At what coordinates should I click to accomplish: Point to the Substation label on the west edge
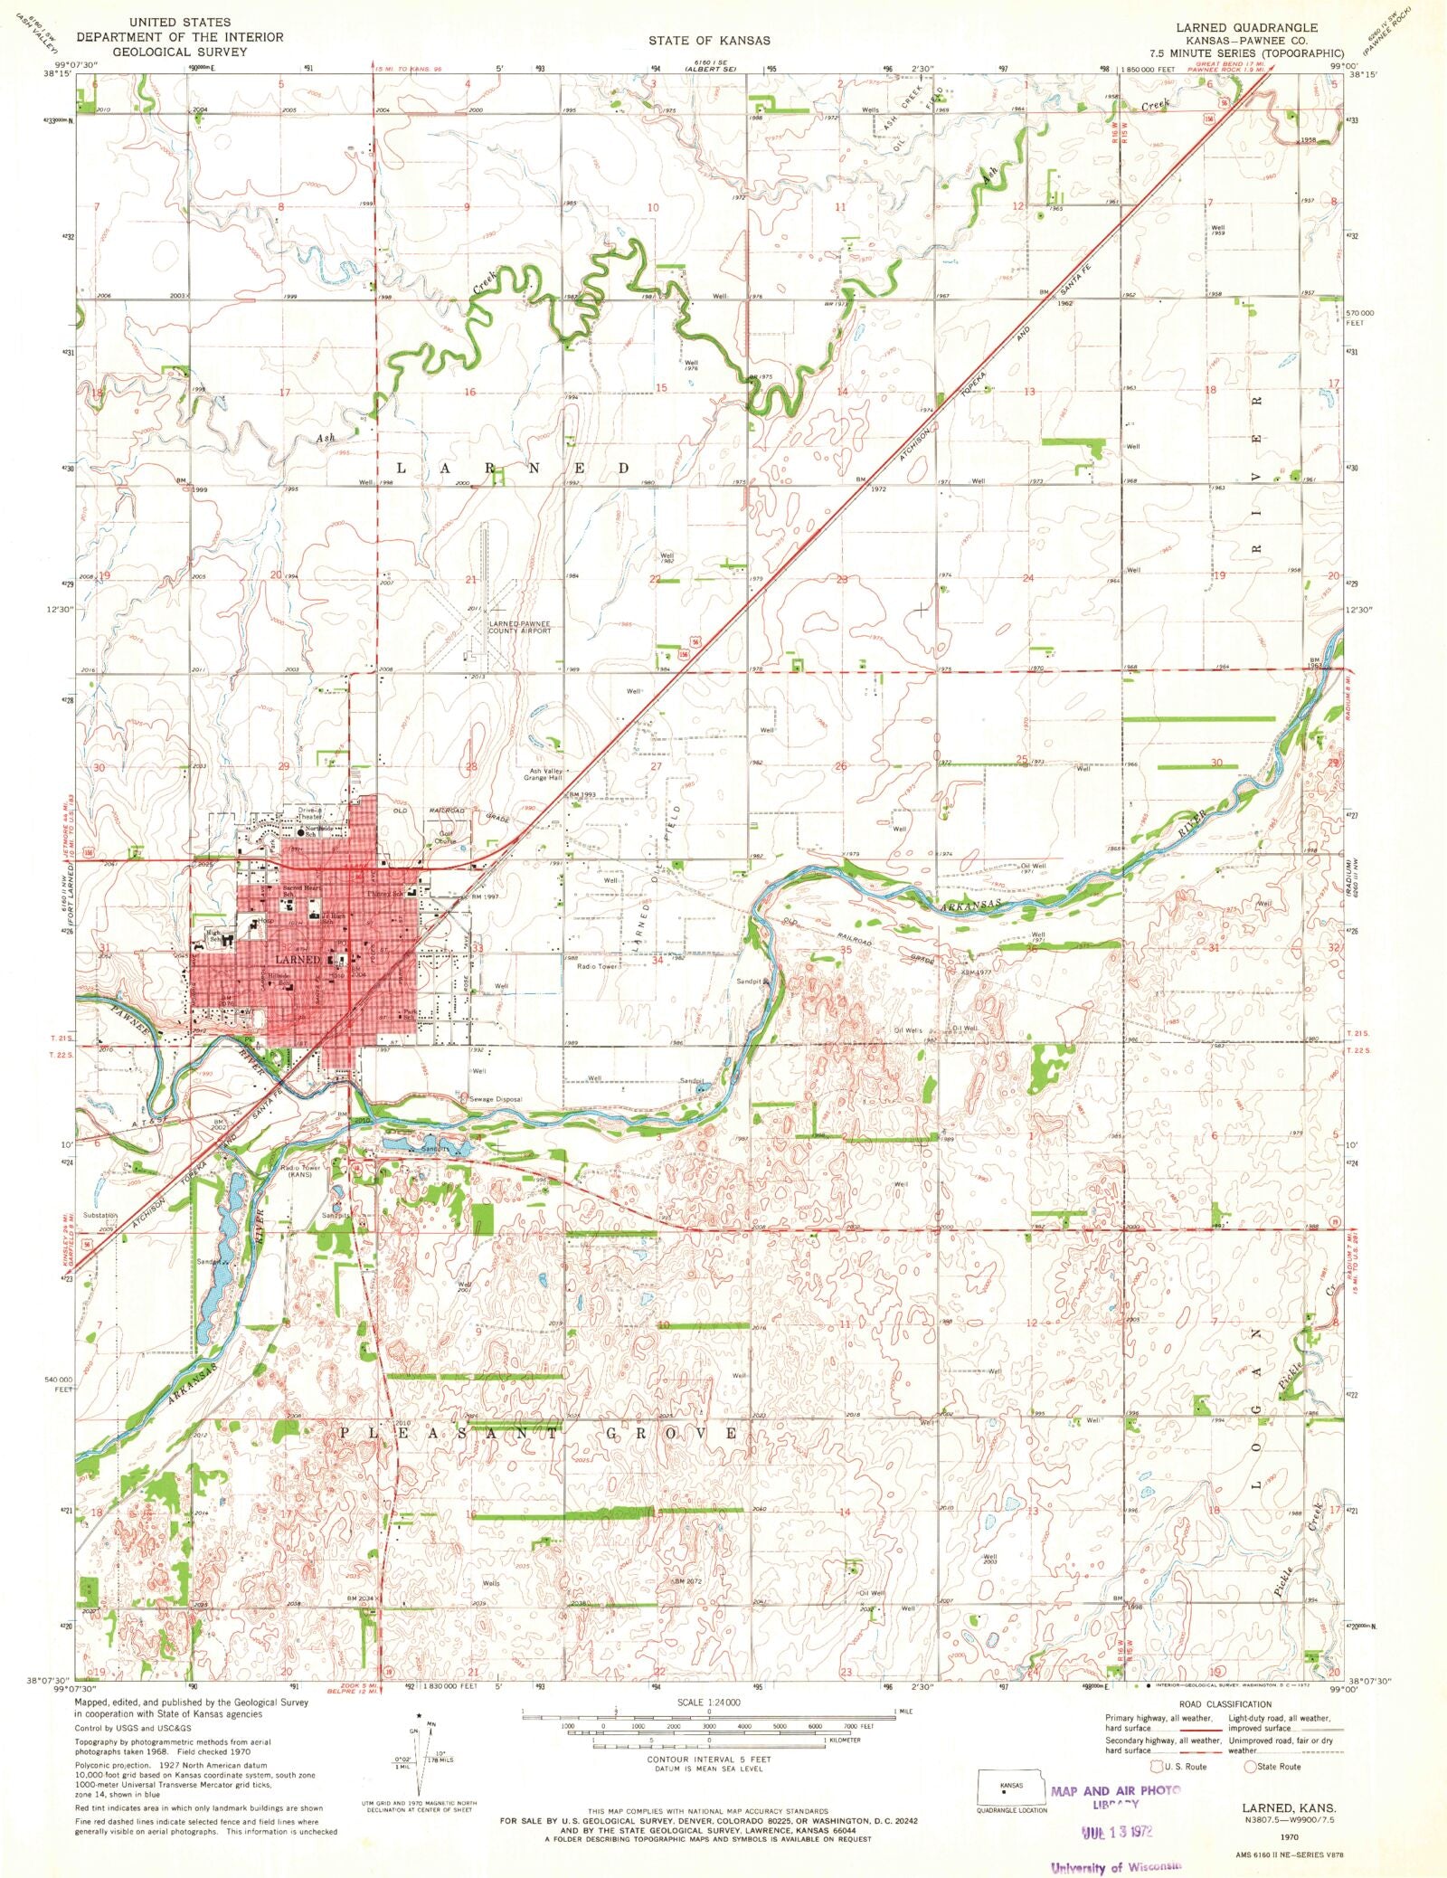click(x=99, y=1215)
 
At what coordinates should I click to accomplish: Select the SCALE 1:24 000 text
click(x=709, y=1702)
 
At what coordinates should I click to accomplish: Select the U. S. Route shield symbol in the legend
click(x=1157, y=1765)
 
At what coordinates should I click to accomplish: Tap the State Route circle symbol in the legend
click(x=1251, y=1765)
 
